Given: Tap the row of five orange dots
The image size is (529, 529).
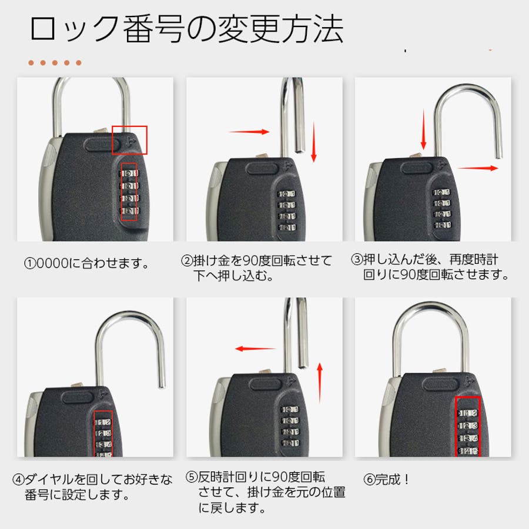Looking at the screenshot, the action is (x=55, y=63).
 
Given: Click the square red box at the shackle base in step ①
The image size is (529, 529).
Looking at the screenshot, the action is (x=129, y=126).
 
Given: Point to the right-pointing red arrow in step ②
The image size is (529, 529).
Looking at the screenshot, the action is (x=249, y=132).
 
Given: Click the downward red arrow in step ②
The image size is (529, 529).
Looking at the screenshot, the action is (x=314, y=142).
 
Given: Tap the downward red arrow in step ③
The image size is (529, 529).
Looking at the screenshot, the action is (x=424, y=129).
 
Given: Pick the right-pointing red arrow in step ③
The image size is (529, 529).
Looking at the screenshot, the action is (x=478, y=168).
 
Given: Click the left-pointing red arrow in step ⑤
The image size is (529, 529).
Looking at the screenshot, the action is (x=256, y=349).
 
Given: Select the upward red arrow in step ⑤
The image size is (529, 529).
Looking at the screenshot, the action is (x=320, y=383).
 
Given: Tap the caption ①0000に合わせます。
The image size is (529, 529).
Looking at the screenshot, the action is (x=86, y=263).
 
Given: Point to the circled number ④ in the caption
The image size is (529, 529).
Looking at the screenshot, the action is (x=19, y=479).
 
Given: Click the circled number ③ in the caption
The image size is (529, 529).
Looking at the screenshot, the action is (x=357, y=259).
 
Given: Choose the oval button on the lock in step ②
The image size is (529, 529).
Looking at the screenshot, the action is (x=262, y=168).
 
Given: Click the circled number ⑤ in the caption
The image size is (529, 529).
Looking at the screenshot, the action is (x=191, y=477).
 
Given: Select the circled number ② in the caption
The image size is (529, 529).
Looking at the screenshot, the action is (x=187, y=260).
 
